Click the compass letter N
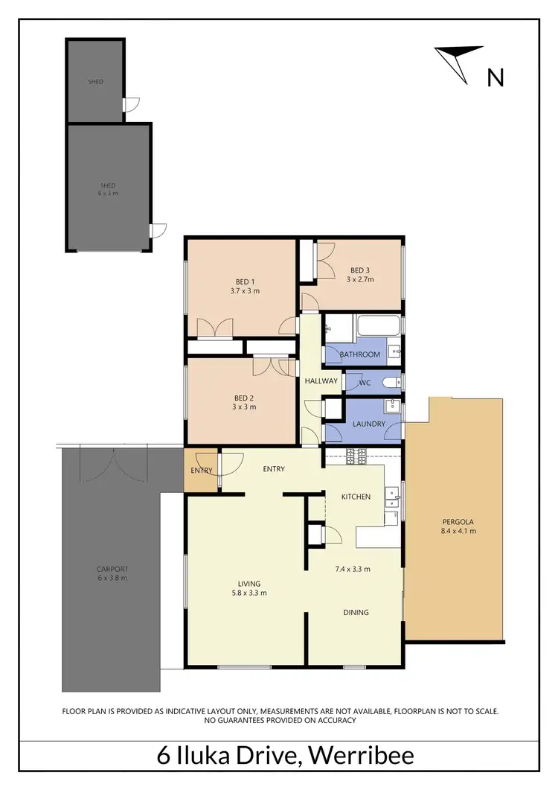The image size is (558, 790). (496, 77)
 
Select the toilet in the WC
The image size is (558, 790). (391, 382)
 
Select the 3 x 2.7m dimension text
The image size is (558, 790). (359, 280)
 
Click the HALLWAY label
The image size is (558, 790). (321, 380)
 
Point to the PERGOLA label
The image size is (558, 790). (458, 521)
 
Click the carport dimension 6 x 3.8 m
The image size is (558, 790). (113, 579)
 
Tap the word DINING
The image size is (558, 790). (356, 612)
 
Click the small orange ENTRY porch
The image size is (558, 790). (201, 470)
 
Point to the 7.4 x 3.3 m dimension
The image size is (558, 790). (352, 569)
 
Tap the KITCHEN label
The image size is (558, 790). (356, 496)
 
